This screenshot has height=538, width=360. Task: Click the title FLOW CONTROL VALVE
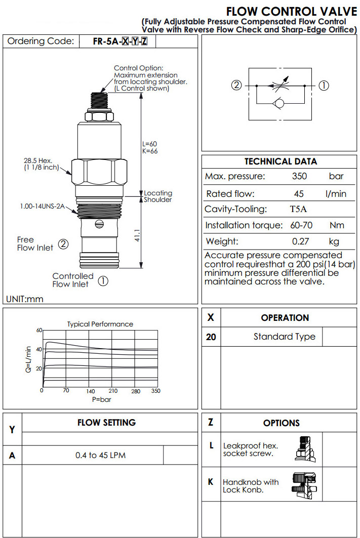pos(291,11)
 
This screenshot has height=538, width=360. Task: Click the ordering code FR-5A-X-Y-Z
pos(121,42)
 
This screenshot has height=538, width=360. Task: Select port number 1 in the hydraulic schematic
pos(324,86)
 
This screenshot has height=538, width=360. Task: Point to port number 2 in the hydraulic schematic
pos(236,86)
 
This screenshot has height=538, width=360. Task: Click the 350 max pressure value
pos(300,177)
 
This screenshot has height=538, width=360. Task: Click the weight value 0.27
pos(300,241)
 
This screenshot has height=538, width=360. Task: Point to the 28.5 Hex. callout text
pos(38,164)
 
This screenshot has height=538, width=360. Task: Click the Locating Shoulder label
pos(158,196)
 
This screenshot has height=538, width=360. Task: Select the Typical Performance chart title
pos(100,324)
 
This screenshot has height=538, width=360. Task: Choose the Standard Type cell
pos(284,337)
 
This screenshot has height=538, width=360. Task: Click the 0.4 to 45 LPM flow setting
pos(100,456)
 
